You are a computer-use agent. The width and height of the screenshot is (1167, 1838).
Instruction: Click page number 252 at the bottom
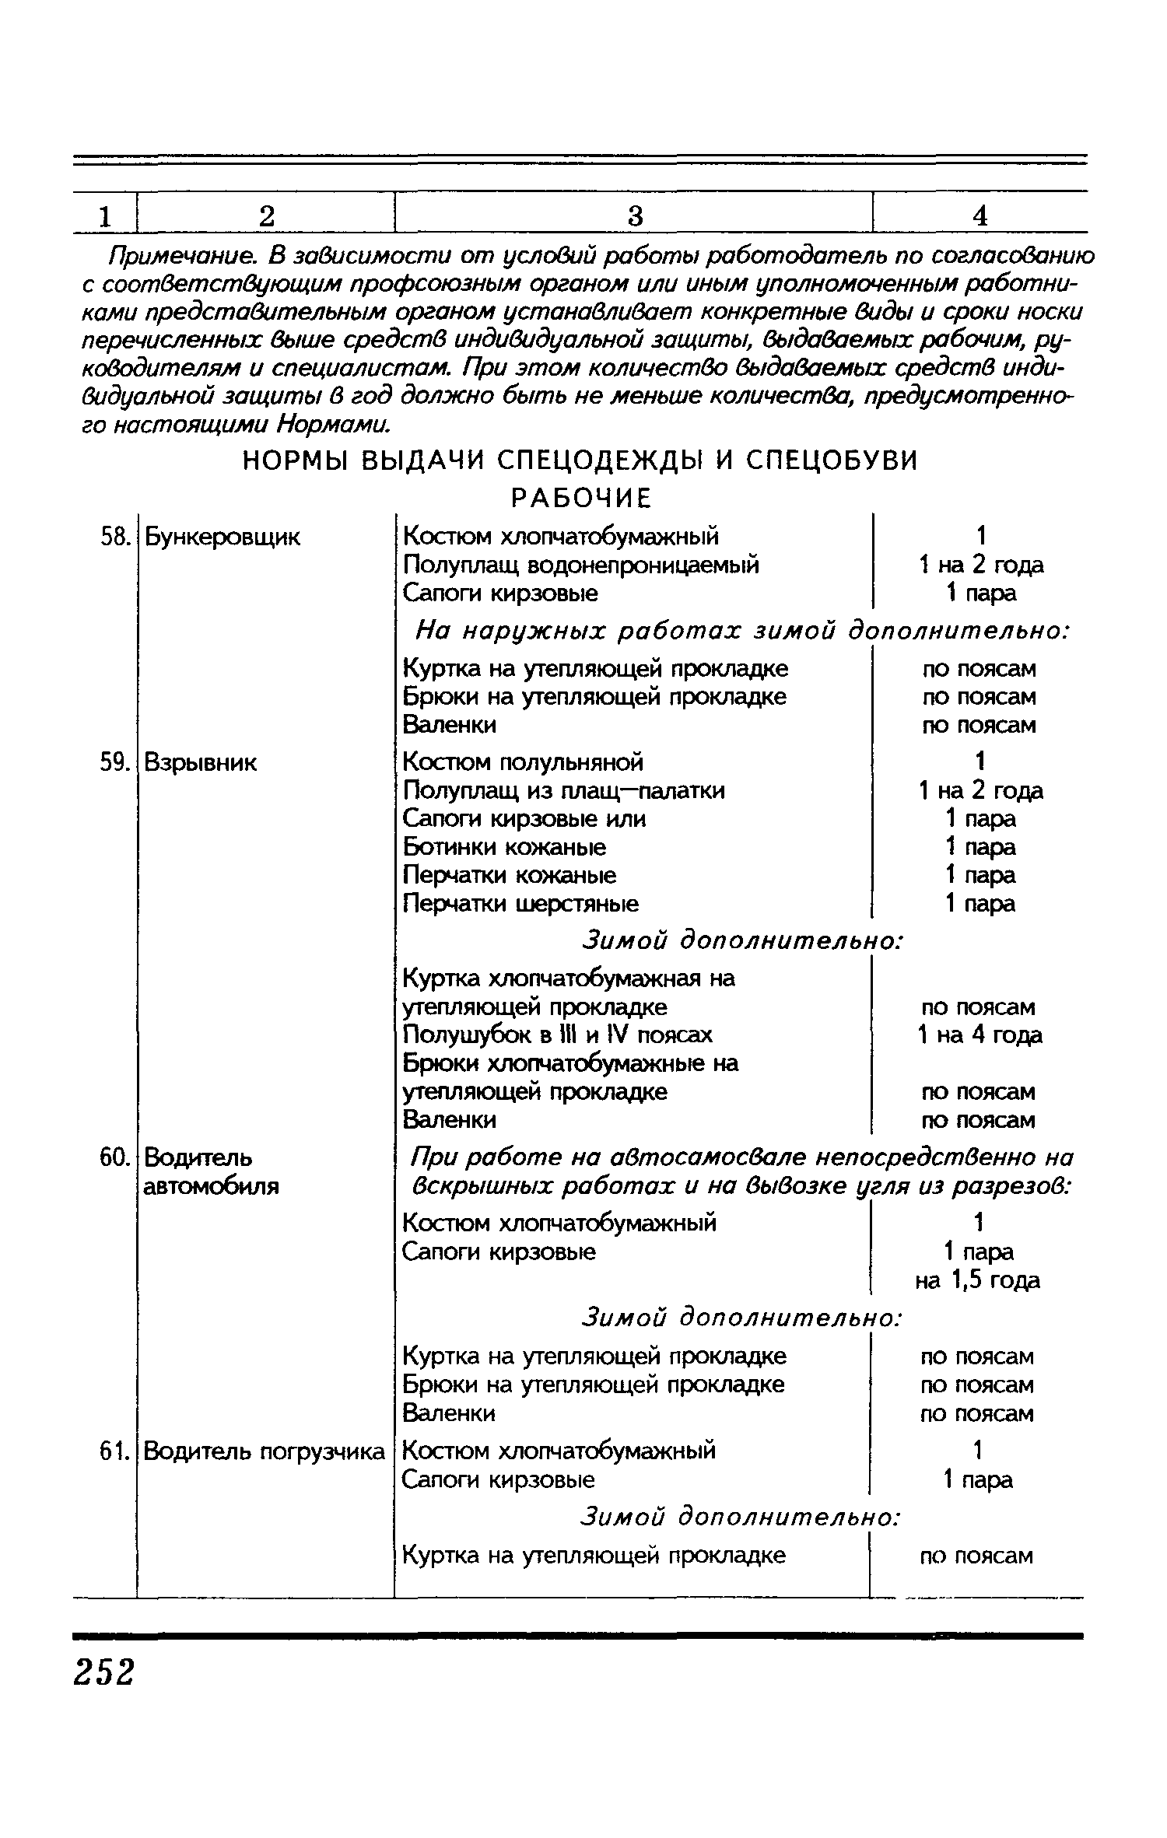(x=104, y=1672)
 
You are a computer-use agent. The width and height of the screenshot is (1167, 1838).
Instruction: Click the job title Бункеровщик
(x=222, y=537)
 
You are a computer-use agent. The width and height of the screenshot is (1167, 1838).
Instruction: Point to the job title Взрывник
(x=201, y=762)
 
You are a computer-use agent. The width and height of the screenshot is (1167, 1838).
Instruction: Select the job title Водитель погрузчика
(x=265, y=1451)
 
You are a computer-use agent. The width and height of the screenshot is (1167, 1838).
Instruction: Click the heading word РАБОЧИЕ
(x=580, y=498)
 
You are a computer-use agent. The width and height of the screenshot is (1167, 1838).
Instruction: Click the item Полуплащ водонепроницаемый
(x=580, y=565)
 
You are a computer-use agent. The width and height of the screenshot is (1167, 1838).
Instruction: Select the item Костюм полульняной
(x=523, y=761)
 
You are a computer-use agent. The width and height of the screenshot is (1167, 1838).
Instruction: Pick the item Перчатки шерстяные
(x=520, y=903)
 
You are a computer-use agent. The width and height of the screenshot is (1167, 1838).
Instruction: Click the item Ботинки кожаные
(x=504, y=846)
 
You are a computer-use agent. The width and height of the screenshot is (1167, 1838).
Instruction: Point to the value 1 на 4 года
(x=980, y=1035)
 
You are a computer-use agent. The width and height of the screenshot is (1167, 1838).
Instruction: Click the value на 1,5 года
(x=977, y=1280)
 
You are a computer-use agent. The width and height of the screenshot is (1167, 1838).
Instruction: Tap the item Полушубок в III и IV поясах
(x=557, y=1035)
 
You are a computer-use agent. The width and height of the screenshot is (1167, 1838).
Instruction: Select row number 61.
(x=114, y=1451)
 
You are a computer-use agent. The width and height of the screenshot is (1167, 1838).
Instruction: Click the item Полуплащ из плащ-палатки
(x=564, y=790)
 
